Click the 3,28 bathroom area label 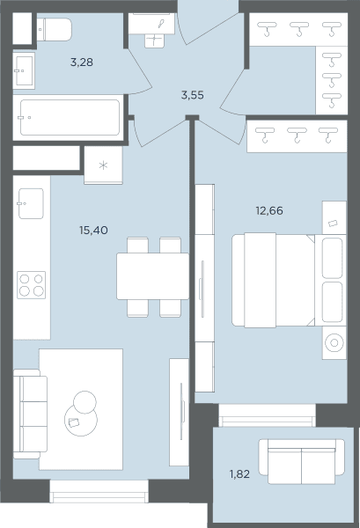pos(82,62)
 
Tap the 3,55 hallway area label pos(192,95)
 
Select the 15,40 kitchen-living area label pos(93,231)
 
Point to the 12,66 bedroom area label pos(269,211)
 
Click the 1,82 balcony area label pos(239,474)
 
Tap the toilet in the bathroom pos(54,30)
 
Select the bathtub pos(70,117)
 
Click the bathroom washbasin pos(24,70)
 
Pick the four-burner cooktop pos(32,285)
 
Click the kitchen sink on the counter pos(31,203)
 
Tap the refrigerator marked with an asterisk pos(103,165)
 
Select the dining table pos(153,276)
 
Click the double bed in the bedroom pos(289,280)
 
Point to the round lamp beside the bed pos(334,343)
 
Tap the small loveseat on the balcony pos(301,461)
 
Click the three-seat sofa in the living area pos(30,414)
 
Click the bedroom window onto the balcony pos(267,415)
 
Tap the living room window pos(99,491)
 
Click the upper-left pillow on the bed pos(333,258)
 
